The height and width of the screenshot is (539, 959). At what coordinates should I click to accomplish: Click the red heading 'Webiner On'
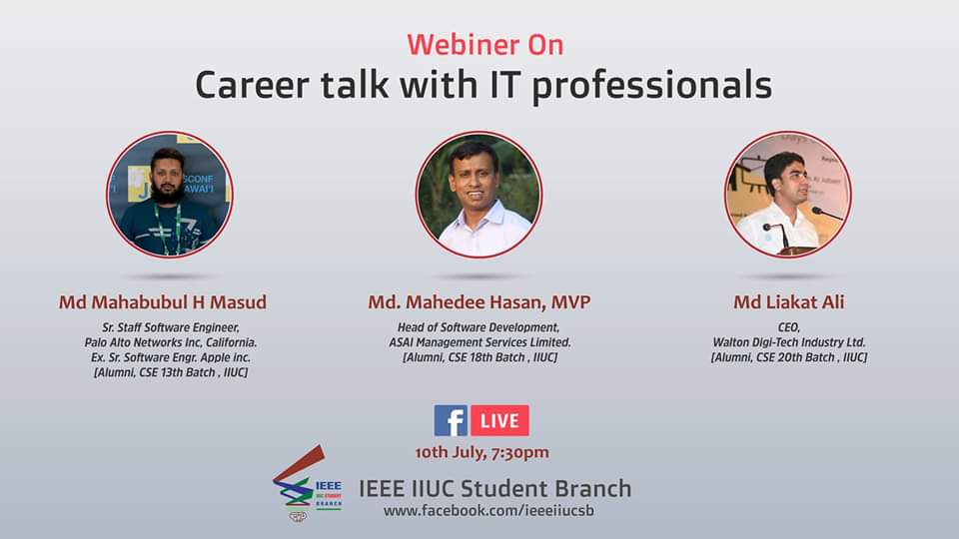tap(485, 45)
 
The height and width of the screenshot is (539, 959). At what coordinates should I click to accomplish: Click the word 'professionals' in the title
tap(652, 86)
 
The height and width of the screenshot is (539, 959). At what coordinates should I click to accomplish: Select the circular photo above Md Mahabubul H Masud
tap(170, 195)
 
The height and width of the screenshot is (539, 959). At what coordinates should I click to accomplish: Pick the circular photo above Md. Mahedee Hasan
tap(479, 195)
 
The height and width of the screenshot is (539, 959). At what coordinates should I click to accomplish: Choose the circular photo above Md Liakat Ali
tap(788, 195)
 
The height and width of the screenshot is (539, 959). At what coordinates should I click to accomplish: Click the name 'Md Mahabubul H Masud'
tap(163, 302)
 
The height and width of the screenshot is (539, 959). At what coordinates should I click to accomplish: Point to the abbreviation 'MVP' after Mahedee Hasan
tap(570, 301)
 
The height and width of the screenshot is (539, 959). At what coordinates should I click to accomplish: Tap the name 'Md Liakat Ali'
tap(789, 301)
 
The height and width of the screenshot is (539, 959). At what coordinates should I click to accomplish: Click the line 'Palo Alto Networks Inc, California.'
tap(171, 342)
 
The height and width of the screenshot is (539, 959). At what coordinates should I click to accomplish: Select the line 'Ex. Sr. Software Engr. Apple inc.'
tap(171, 357)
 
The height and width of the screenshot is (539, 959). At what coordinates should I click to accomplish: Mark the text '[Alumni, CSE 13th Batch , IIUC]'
tap(171, 372)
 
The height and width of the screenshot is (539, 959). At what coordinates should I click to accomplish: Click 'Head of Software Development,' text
tap(479, 327)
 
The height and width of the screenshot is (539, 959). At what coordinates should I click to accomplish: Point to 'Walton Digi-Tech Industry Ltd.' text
tap(789, 342)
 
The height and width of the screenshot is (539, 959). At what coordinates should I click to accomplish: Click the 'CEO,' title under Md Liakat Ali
tap(789, 327)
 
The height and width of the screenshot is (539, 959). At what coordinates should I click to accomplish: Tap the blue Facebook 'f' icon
tap(451, 420)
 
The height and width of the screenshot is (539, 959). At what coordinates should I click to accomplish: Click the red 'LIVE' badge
tap(500, 420)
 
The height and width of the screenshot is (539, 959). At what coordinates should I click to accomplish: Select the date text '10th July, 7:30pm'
tap(481, 453)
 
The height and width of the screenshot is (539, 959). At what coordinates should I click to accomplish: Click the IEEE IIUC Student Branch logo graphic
tap(307, 483)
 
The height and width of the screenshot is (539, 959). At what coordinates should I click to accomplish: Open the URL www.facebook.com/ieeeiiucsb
tap(488, 511)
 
